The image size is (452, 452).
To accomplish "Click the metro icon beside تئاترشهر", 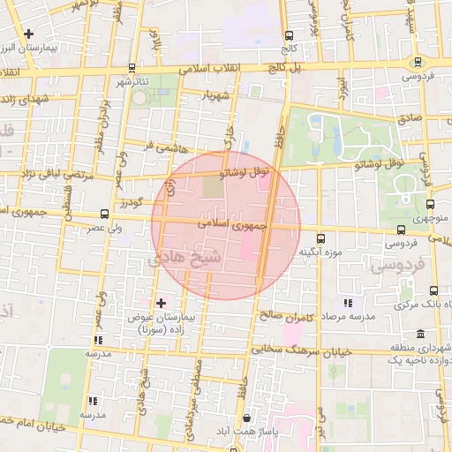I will click(132, 67).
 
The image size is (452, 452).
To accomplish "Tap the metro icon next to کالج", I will click(288, 36).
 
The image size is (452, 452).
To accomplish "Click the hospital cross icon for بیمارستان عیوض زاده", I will click(161, 303).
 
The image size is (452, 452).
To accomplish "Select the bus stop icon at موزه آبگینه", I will click(320, 237).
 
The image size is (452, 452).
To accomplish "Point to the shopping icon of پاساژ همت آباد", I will click(245, 418).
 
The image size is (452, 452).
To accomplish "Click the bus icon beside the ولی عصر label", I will click(105, 213).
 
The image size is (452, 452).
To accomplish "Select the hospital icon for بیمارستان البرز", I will click(29, 34).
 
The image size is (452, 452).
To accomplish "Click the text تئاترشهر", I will click(152, 81).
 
